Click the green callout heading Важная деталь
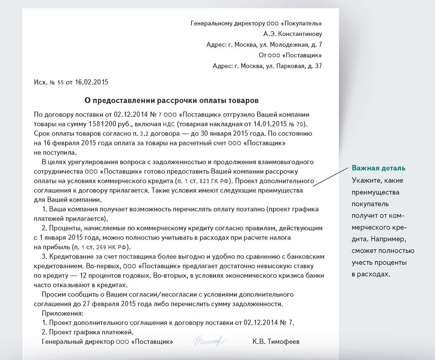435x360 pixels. coord(378,168)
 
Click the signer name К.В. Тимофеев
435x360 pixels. coord(275,342)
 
